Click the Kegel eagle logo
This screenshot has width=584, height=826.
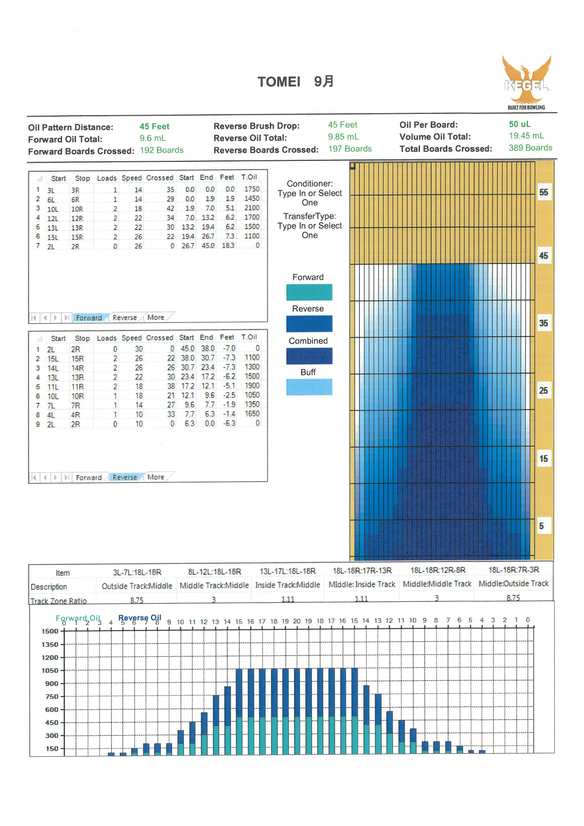pyautogui.click(x=527, y=82)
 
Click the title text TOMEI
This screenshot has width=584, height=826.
pyautogui.click(x=279, y=82)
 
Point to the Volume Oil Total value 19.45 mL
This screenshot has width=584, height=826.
pyautogui.click(x=527, y=136)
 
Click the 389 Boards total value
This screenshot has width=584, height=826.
pyautogui.click(x=530, y=148)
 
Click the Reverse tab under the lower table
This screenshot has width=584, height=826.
pyautogui.click(x=125, y=477)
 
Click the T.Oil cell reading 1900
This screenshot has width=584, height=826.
pyautogui.click(x=252, y=386)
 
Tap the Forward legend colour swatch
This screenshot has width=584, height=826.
pyautogui.click(x=309, y=292)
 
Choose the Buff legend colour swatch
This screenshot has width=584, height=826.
pyautogui.click(x=309, y=387)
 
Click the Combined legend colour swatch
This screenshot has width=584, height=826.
pyautogui.click(x=309, y=356)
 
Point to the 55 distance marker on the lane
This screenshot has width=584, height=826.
pyautogui.click(x=543, y=192)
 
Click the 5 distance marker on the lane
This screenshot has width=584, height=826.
pyautogui.click(x=541, y=526)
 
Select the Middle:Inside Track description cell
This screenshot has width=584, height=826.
pyautogui.click(x=362, y=584)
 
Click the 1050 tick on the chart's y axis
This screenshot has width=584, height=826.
pyautogui.click(x=50, y=670)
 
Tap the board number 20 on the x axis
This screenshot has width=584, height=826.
pyautogui.click(x=297, y=621)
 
